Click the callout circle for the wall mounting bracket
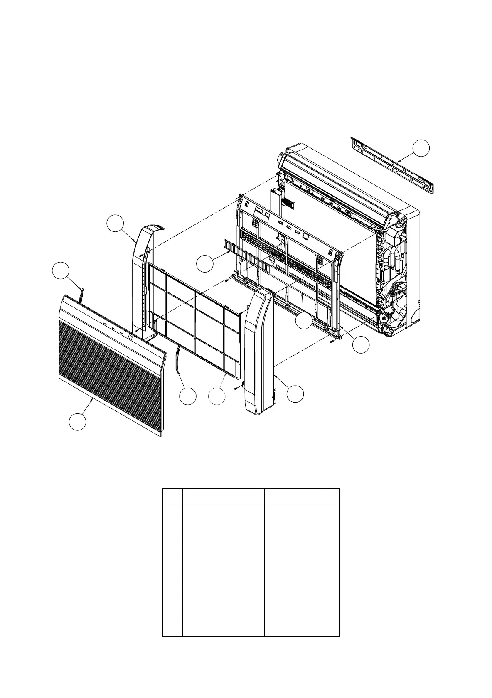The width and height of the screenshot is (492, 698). (x=421, y=148)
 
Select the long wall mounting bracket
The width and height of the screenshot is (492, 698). (x=393, y=164)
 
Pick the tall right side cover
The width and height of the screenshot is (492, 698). (x=258, y=353)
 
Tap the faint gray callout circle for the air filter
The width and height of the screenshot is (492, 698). (x=217, y=396)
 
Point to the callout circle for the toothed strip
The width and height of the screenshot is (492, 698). (x=205, y=264)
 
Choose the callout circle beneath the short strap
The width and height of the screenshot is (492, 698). (x=187, y=396)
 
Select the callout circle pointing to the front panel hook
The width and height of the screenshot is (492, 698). (x=60, y=270)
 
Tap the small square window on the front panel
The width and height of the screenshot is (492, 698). (x=131, y=337)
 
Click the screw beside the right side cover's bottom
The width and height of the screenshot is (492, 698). (x=236, y=388)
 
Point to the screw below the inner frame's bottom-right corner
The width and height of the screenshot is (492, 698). (x=332, y=341)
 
